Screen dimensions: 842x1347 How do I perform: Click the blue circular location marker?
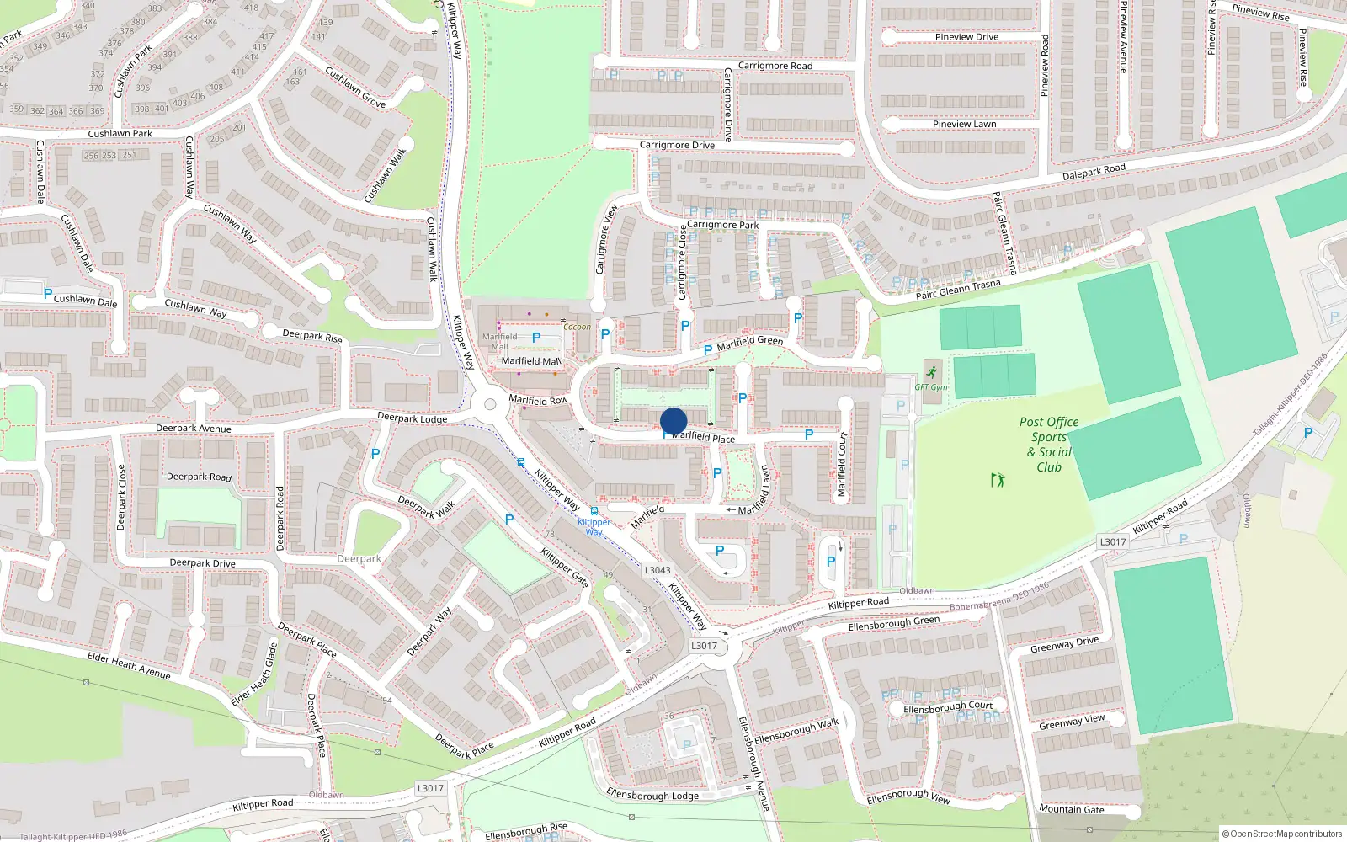tap(673, 421)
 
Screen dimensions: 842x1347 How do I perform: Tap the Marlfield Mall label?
tap(530, 361)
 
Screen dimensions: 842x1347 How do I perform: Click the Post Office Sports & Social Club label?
tap(1049, 445)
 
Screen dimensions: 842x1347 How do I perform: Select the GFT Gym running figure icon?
tap(931, 372)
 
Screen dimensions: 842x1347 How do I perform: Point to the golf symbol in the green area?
tap(998, 480)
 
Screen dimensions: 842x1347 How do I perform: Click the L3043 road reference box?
tap(658, 570)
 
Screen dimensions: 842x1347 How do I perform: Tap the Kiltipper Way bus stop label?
tap(594, 526)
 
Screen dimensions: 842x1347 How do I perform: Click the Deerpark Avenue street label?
tap(193, 429)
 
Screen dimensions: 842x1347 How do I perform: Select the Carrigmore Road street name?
tap(775, 66)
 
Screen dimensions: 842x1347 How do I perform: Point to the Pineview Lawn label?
tap(964, 124)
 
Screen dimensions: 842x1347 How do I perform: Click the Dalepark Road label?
tap(1093, 172)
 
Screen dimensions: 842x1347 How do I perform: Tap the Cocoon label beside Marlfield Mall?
tap(577, 327)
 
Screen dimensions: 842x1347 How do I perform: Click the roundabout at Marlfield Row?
tap(490, 405)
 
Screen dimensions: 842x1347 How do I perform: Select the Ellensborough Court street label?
tap(947, 707)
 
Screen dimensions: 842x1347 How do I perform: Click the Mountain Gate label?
tap(1071, 809)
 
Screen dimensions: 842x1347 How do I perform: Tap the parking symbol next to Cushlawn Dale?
tap(47, 294)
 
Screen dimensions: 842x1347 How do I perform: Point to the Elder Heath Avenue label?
tap(129, 666)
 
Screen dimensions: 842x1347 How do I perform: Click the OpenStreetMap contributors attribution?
tap(1281, 834)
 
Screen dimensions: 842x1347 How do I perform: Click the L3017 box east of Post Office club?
tap(1112, 541)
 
